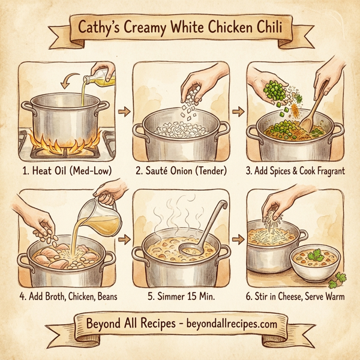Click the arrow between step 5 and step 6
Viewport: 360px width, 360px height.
[x=239, y=239]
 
